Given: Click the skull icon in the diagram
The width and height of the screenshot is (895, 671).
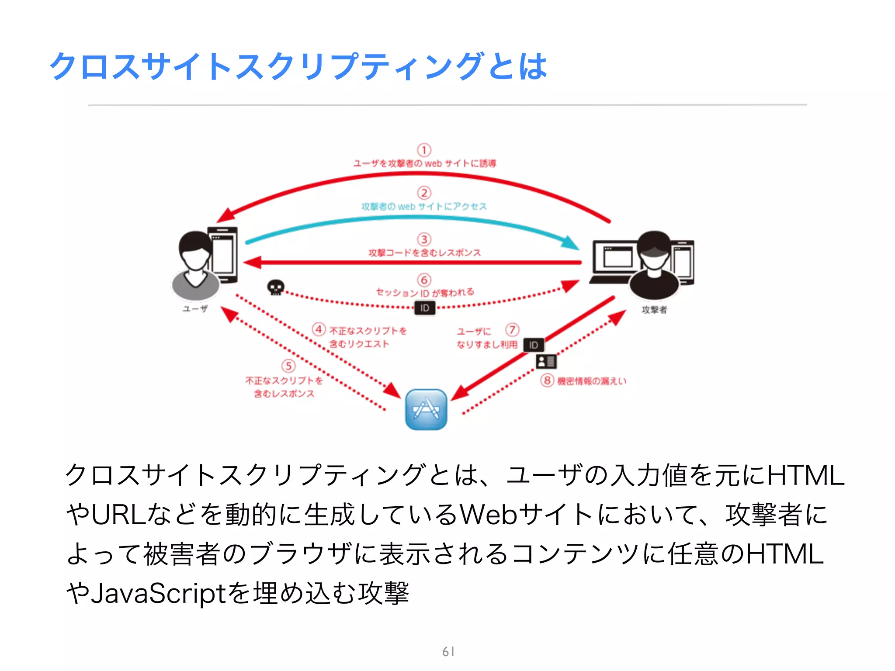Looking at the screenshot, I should pyautogui.click(x=276, y=287).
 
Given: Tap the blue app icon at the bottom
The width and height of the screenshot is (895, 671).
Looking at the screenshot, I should pyautogui.click(x=426, y=409).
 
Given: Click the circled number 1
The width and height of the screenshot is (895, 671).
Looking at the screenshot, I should pyautogui.click(x=424, y=150).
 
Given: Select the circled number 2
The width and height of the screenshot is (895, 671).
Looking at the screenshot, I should pyautogui.click(x=424, y=193).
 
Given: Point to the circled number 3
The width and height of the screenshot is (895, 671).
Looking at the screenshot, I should pyautogui.click(x=424, y=239).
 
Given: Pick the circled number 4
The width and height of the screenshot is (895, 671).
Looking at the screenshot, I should pyautogui.click(x=319, y=329).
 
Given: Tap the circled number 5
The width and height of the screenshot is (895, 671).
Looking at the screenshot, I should pyautogui.click(x=288, y=366).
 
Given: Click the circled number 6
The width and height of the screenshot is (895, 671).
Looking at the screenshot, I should pyautogui.click(x=424, y=280).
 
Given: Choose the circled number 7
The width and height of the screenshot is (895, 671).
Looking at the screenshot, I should pyautogui.click(x=512, y=329).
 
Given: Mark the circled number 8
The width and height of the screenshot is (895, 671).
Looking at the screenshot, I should pyautogui.click(x=547, y=380).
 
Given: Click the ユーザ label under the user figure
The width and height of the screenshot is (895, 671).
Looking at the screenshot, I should pyautogui.click(x=195, y=309).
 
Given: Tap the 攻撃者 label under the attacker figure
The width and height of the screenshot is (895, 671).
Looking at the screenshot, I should pyautogui.click(x=654, y=310).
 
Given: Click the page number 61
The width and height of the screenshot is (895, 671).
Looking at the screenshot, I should pyautogui.click(x=448, y=652).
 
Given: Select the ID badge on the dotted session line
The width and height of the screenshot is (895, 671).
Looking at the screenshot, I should pyautogui.click(x=425, y=308).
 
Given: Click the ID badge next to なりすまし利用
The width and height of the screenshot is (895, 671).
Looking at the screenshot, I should pyautogui.click(x=534, y=345).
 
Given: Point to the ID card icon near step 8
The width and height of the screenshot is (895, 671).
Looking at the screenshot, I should pyautogui.click(x=546, y=361).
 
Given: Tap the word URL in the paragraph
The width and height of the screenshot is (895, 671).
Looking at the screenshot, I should pyautogui.click(x=119, y=515).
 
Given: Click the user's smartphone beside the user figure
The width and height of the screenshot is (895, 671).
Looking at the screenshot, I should pyautogui.click(x=223, y=254).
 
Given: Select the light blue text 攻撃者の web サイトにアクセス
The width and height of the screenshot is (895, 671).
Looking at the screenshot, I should pyautogui.click(x=424, y=206).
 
